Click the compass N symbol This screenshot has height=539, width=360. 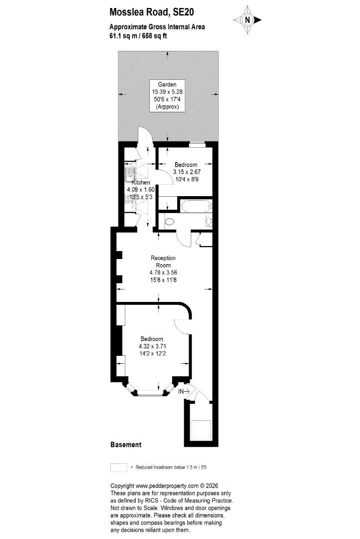(x=247, y=20)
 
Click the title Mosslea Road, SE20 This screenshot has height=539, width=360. (x=152, y=12)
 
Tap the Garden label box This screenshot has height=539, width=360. (x=167, y=95)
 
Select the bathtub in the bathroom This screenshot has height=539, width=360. (x=196, y=206)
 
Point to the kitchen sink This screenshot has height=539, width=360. (x=129, y=173)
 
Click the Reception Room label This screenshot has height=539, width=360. (x=163, y=262)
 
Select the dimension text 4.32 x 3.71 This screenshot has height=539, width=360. (x=152, y=346)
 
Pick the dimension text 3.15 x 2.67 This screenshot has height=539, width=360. (x=187, y=172)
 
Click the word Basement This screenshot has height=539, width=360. (x=126, y=445)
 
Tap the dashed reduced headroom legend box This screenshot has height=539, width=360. (x=119, y=467)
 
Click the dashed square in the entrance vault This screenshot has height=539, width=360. (x=200, y=429)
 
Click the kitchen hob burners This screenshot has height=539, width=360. (x=130, y=199)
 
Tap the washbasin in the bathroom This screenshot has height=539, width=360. (x=209, y=221)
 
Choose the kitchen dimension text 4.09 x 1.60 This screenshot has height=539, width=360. (x=141, y=190)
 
